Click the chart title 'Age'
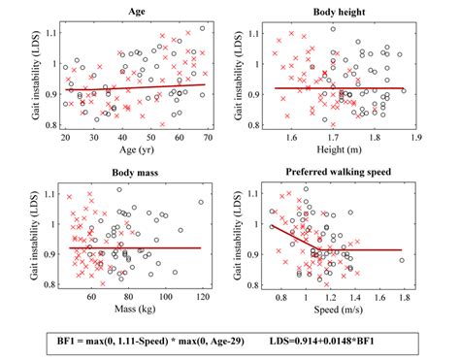click(x=136, y=12)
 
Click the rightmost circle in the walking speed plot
click(x=402, y=260)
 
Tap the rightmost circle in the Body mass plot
click(x=201, y=203)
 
